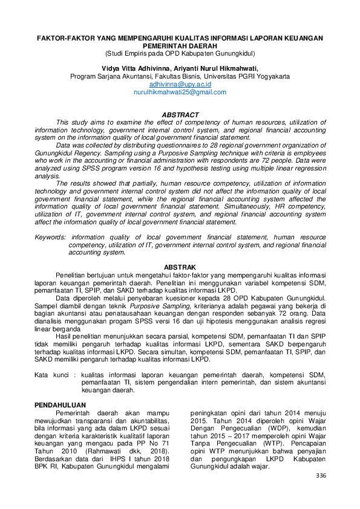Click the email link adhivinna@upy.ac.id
click(180, 85)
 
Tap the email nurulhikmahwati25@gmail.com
click(180, 92)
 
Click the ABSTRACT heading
click(180, 115)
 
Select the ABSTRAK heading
click(180, 267)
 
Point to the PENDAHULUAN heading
click(61, 405)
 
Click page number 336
click(321, 476)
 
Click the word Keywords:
click(50, 238)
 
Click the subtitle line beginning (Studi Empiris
click(180, 53)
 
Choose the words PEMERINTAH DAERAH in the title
click(180, 45)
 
